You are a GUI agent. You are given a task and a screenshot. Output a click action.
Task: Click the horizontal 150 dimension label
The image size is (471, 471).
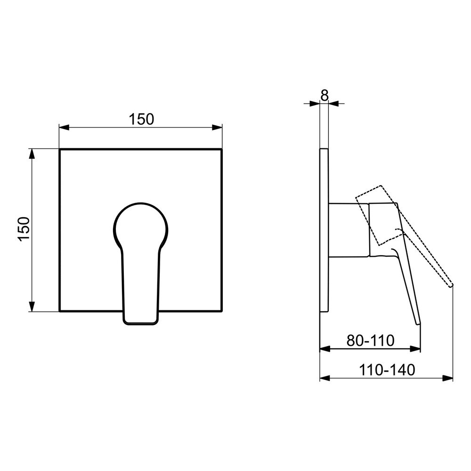coord(141,119)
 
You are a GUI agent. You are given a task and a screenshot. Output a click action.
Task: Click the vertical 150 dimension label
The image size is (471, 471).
coord(24,229)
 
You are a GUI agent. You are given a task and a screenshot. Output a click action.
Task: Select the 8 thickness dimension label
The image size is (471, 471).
coord(325,96)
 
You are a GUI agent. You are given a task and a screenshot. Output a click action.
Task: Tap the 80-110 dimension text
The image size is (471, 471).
coord(370,341)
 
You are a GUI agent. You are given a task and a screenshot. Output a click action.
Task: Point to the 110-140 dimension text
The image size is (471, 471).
coord(387,370)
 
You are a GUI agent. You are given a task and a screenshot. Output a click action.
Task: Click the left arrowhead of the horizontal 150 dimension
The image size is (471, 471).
coord(64,127)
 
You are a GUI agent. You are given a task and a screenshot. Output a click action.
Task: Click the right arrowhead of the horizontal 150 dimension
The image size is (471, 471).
coord(217,127)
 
